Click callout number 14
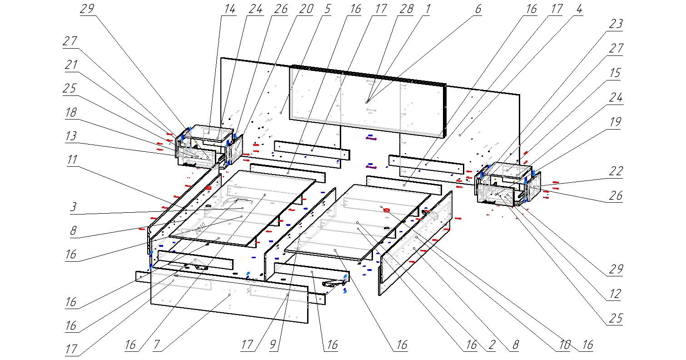pos(230,10)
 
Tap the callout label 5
pos(327,10)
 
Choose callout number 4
pos(577,10)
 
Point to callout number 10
pos(565,345)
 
